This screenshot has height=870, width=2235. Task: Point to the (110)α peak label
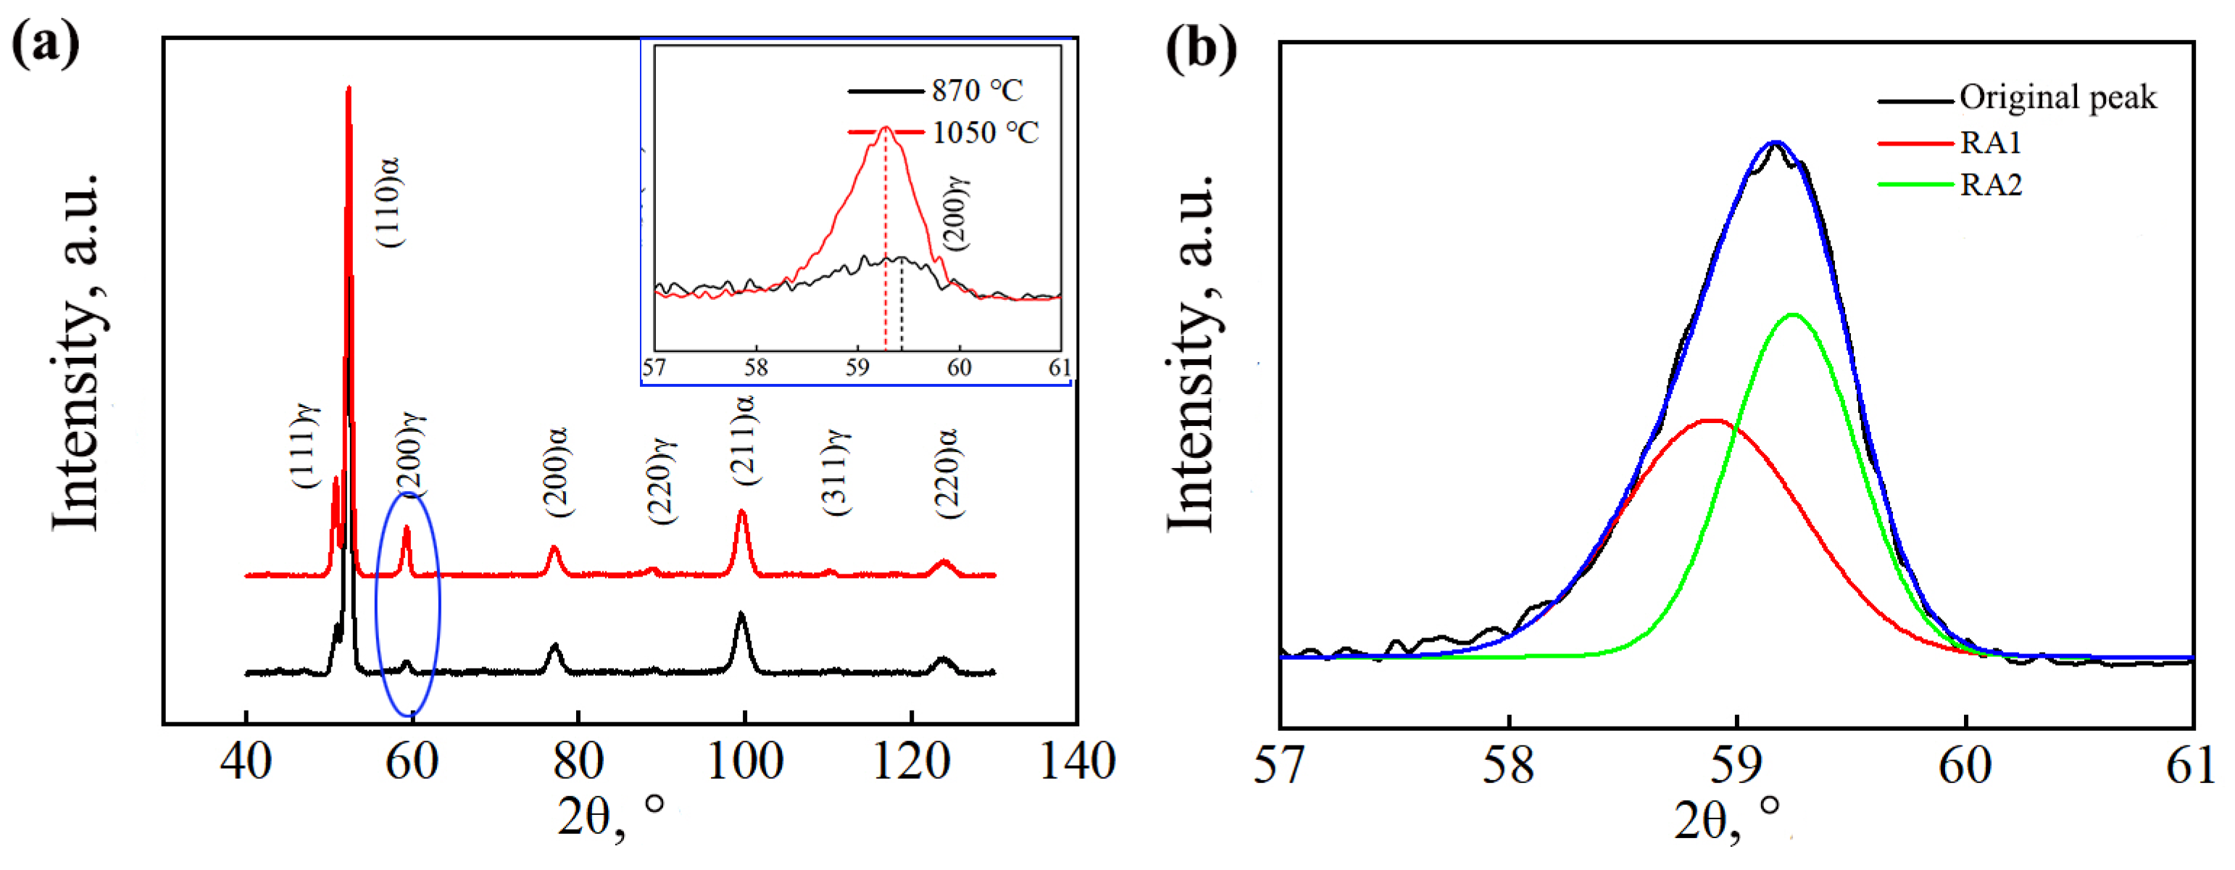(388, 202)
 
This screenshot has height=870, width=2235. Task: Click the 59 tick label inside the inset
(857, 368)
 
